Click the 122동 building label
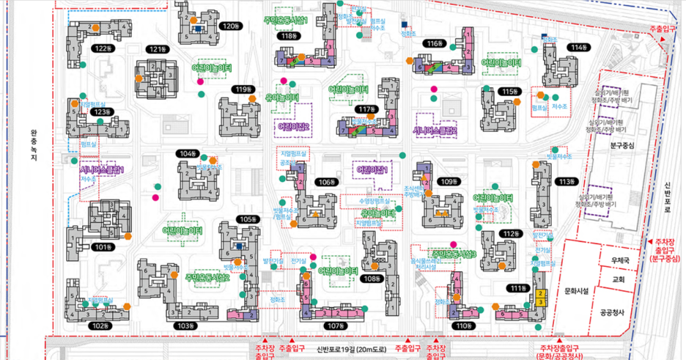[103, 48]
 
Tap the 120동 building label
[229, 26]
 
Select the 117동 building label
[365, 110]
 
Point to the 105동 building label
[248, 219]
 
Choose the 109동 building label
[447, 181]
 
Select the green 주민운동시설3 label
[454, 254]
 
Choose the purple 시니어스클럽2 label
[435, 131]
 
